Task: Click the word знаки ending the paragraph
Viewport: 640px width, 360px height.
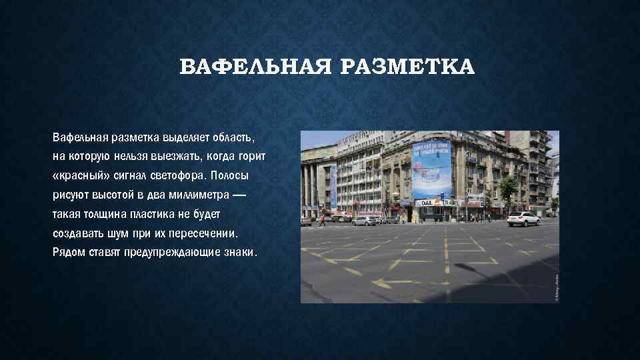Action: click(x=241, y=253)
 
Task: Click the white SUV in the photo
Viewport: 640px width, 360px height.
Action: click(x=523, y=219)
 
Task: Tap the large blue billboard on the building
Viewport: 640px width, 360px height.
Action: click(x=431, y=169)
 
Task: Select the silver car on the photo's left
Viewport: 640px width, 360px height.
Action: click(x=364, y=221)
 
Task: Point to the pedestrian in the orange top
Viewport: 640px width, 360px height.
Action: click(x=322, y=220)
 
